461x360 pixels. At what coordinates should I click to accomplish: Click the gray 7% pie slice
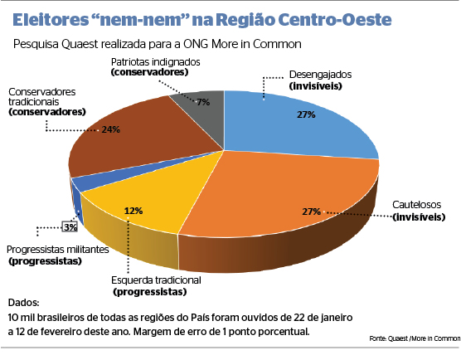[x=206, y=105]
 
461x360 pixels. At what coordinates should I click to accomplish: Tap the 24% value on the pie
[x=111, y=129]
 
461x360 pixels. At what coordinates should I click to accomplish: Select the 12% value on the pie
[x=132, y=210]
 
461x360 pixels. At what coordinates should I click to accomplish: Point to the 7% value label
[x=203, y=102]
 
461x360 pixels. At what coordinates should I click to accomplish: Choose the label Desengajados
[x=321, y=75]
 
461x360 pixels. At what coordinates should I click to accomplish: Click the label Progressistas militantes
[x=56, y=250]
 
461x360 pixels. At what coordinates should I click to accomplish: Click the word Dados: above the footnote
[x=23, y=303]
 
